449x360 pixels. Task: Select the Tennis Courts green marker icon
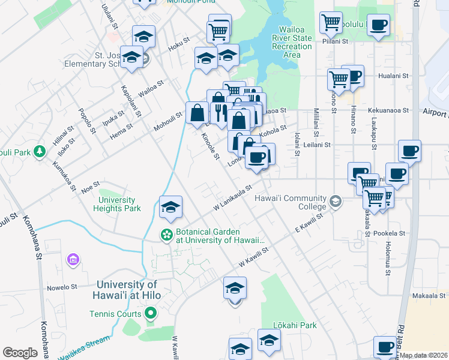pyautogui.click(x=151, y=313)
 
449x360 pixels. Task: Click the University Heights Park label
pyautogui.click(x=117, y=205)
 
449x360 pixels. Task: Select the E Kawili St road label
pyautogui.click(x=309, y=221)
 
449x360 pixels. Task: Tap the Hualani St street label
pyautogui.click(x=393, y=76)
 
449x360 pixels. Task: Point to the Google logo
pyautogui.click(x=20, y=353)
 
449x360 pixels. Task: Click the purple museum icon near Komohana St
pyautogui.click(x=74, y=260)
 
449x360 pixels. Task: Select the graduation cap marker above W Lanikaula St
pyautogui.click(x=170, y=208)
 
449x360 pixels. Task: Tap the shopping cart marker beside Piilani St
pyautogui.click(x=331, y=23)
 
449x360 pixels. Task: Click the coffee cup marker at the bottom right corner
pyautogui.click(x=385, y=346)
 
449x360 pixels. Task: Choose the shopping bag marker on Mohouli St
pyautogui.click(x=197, y=112)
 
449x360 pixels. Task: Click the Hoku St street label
pyautogui.click(x=179, y=43)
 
